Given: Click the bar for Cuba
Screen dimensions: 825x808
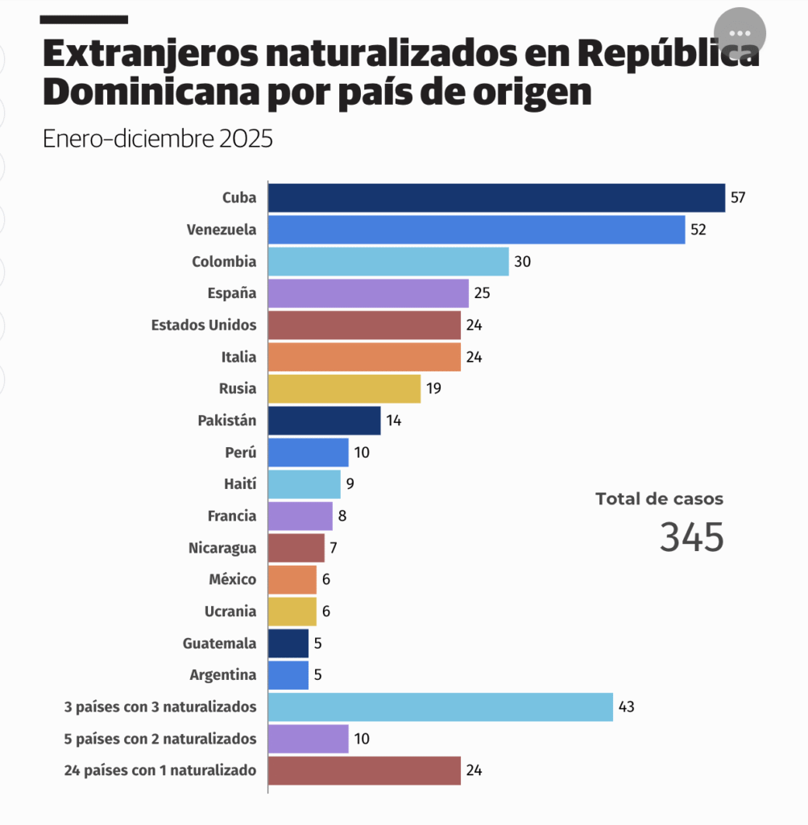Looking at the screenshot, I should click(496, 197).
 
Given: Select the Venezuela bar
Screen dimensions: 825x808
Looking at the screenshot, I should click(476, 230).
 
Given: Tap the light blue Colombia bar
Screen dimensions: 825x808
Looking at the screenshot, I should click(388, 261).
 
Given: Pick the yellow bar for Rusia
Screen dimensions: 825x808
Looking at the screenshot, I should click(344, 388).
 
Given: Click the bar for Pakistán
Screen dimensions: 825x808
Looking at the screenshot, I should click(324, 421).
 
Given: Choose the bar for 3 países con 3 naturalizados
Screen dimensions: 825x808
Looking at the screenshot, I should click(440, 707).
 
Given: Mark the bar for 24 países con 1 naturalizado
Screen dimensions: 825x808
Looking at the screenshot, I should click(364, 770).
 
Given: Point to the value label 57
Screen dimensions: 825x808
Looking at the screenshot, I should click(738, 197).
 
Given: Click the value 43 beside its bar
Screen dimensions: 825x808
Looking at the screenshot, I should click(626, 707).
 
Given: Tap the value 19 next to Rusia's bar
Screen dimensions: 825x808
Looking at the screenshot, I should click(433, 388).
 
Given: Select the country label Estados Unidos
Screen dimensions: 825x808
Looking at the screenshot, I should click(204, 325).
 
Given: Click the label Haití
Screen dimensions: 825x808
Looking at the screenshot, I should click(239, 484).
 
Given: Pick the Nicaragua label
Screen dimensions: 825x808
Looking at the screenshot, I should click(222, 548).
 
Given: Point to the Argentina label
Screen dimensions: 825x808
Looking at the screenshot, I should click(223, 675).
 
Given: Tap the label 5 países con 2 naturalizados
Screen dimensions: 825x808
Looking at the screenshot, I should click(160, 738).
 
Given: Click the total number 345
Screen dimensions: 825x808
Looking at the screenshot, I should click(691, 537).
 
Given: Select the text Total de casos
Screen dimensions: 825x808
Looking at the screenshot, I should click(659, 499).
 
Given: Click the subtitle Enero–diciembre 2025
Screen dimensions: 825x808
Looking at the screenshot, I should click(158, 139).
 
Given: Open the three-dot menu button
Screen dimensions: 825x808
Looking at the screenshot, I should click(739, 33).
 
